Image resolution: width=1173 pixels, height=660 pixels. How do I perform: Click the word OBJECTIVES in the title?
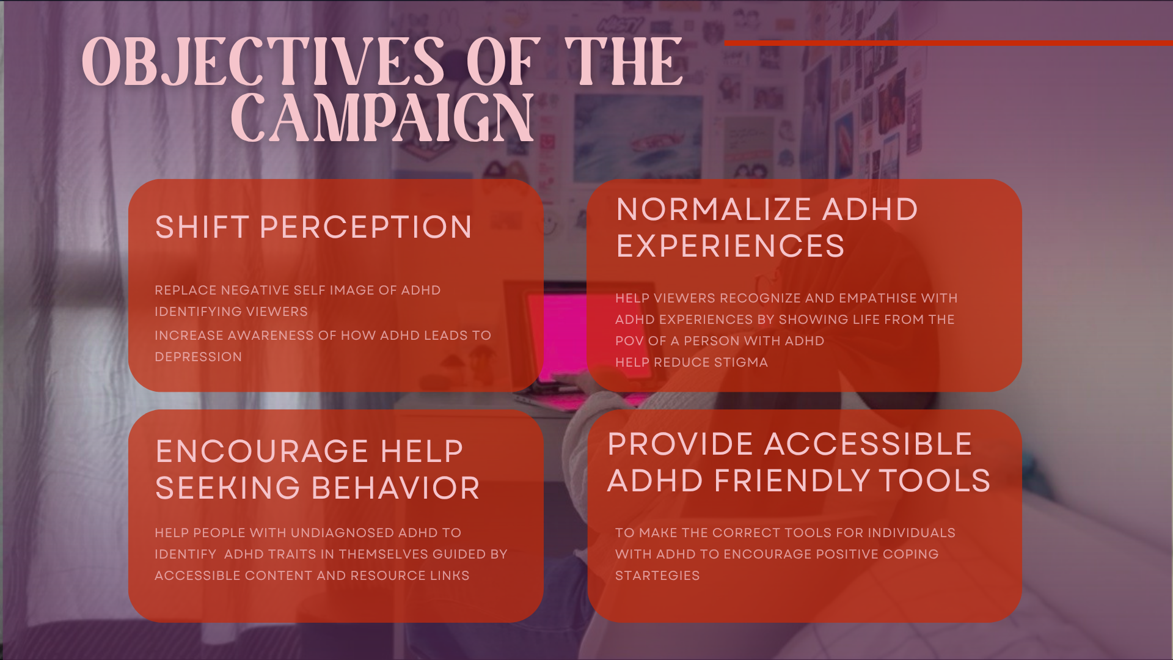point(263,62)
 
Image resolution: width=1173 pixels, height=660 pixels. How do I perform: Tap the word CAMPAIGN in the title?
point(382,119)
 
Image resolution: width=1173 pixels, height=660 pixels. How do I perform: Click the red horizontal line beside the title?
point(948,43)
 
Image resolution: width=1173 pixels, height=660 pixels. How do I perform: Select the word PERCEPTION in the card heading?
point(366,227)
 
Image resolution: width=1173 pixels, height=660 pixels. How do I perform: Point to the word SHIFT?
point(202,227)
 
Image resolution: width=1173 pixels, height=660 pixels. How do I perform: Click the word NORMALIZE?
point(714,210)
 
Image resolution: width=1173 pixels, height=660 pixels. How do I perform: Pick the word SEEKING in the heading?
point(228,488)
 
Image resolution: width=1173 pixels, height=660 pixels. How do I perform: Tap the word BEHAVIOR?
point(396,488)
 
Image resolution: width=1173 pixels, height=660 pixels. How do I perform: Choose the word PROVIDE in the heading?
point(681,444)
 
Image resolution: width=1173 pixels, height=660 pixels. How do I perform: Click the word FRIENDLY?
point(792,481)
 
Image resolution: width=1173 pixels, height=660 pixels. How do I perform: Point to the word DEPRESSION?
point(199,357)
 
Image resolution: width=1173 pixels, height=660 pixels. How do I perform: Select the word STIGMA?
point(740,362)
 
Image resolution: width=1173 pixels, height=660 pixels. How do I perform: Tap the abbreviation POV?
point(629,341)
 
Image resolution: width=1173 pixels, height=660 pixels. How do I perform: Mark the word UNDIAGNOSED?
point(343,533)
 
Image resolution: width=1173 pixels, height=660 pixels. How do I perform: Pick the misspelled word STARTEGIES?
point(657,576)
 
